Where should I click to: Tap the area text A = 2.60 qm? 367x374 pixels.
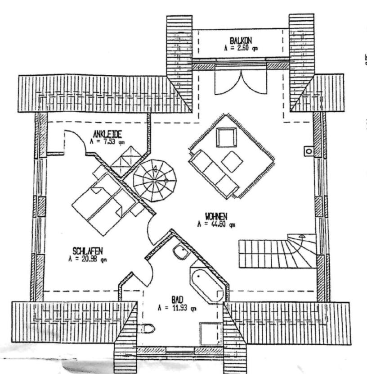point(240,48)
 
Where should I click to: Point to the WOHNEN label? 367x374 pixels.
point(215,217)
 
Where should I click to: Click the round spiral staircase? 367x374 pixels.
point(154,181)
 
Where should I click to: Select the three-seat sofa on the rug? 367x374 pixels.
point(214,174)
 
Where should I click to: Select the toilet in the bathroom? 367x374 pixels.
point(147,328)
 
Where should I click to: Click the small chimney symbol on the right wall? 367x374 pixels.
point(309,151)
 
